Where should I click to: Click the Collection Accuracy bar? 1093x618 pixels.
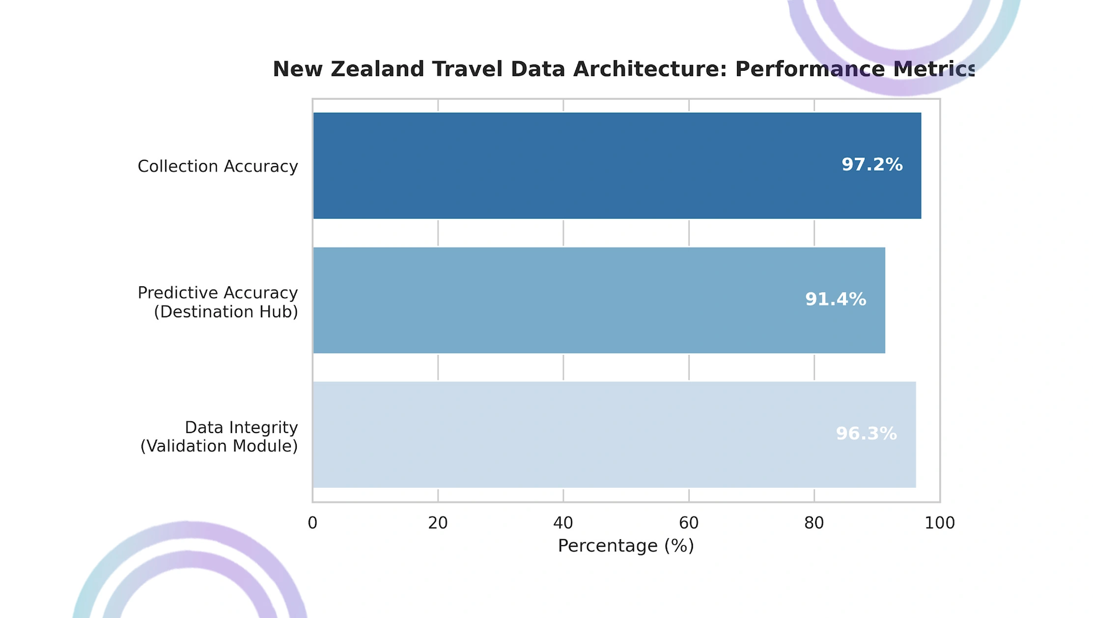pos(617,166)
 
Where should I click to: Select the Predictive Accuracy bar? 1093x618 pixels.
pos(599,300)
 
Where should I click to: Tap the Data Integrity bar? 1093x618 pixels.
pos(615,435)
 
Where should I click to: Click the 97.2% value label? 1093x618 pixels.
pos(872,164)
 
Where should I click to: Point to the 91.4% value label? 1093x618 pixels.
pos(836,299)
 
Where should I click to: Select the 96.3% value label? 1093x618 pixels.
pos(866,433)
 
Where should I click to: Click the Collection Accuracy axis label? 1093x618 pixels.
pos(218,166)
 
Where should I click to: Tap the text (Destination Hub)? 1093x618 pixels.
pos(226,312)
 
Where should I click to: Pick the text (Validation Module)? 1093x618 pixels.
pos(219,446)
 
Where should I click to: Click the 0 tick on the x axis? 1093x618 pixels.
pos(312,523)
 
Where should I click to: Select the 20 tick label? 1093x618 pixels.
pos(438,523)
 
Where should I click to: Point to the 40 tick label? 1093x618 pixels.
pos(563,523)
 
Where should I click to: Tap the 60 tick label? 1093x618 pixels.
pos(689,523)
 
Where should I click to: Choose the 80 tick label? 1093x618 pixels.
pos(814,523)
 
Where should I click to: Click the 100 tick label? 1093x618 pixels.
pos(940,523)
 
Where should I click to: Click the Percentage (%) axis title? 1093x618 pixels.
pos(626,546)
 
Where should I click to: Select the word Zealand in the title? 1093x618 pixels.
pos(377,69)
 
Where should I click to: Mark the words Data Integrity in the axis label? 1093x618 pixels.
pos(241,428)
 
